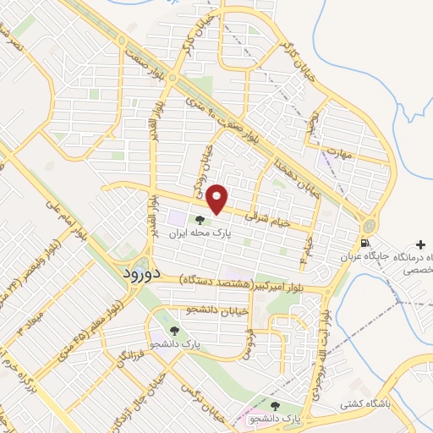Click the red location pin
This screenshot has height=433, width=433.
pos(218,198)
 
